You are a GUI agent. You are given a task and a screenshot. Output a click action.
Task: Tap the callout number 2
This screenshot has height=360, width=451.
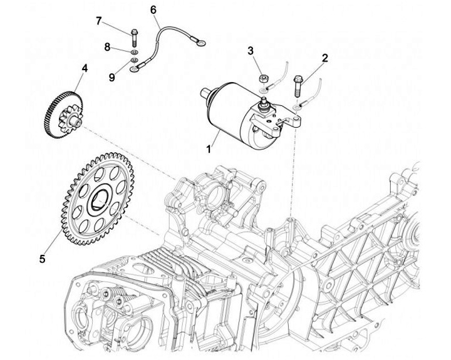coord(325,58)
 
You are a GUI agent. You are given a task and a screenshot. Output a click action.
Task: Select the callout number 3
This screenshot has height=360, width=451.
coord(250,50)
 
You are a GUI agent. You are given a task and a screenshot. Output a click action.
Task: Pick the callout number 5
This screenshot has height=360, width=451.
coord(42,258)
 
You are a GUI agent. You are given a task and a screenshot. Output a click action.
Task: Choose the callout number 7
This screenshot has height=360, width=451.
coord(98,21)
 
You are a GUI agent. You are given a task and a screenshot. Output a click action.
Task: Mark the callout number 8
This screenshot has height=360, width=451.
coord(107,46)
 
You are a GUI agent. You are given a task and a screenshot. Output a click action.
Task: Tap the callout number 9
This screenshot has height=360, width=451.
coord(111,77)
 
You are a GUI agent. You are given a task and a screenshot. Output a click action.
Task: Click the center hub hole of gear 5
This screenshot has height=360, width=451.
coord(101,200)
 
